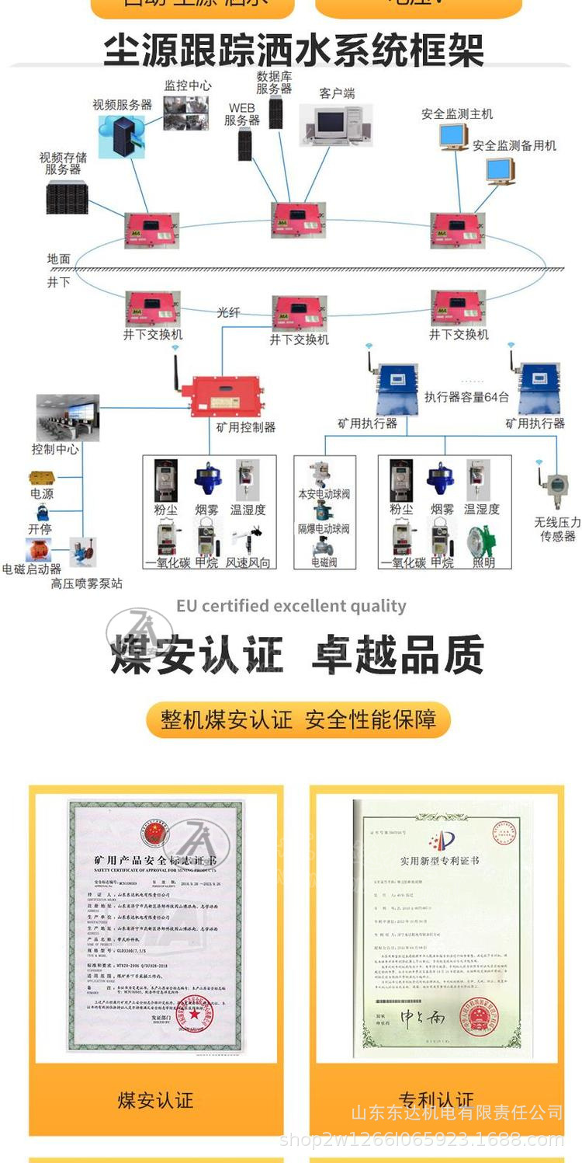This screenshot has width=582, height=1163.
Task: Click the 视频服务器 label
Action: [123, 104]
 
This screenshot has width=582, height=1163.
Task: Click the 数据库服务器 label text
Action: [274, 82]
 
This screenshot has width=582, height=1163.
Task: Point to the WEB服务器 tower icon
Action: [245, 145]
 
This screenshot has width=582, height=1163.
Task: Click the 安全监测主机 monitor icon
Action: [453, 138]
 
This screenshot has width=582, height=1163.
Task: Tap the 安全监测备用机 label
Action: [514, 145]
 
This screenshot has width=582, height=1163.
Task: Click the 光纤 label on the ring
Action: [228, 312]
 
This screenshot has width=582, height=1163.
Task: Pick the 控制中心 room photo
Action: [68, 417]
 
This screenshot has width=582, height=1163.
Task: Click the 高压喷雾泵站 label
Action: [86, 583]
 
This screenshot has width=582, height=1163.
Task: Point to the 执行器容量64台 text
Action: [466, 397]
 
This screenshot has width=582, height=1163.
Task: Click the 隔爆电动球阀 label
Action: [324, 529]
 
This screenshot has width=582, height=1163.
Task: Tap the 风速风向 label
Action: [248, 562]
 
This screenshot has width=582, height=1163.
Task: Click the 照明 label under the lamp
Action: [483, 562]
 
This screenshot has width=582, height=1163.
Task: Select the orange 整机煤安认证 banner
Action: [298, 719]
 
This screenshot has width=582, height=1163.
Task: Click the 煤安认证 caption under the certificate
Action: [155, 1100]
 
